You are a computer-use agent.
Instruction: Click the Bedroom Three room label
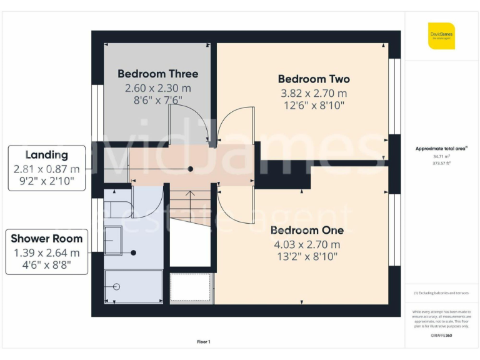tap(157, 74)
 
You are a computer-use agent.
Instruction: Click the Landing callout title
tap(47, 155)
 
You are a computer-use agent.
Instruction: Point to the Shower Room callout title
tap(47, 238)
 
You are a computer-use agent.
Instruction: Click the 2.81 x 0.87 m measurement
tap(47, 169)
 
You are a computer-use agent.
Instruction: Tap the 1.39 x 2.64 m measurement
tap(47, 252)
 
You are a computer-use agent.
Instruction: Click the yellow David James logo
tap(441, 36)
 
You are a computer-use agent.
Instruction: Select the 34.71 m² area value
tap(441, 156)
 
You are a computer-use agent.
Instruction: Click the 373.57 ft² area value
tap(441, 162)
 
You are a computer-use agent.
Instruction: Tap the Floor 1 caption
tap(204, 342)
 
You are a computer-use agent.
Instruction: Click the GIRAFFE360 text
tap(441, 336)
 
